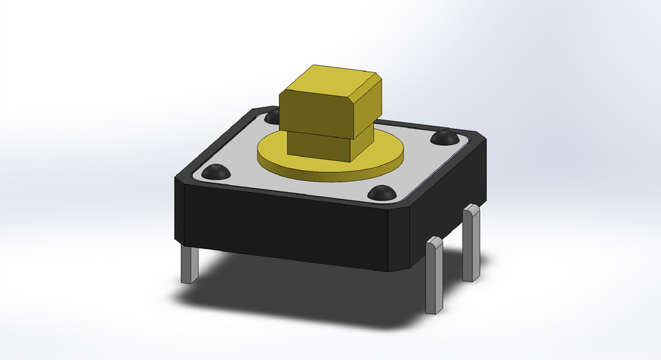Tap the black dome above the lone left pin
point(215,171)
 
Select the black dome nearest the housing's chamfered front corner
point(381,193)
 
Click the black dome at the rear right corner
point(444,138)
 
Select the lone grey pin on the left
point(189,265)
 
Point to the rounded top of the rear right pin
point(471,209)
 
